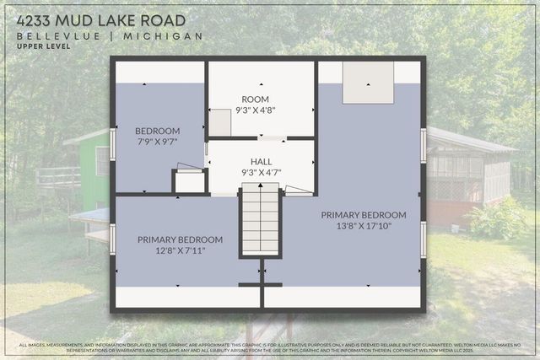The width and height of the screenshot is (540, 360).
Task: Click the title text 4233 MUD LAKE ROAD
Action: pos(102,19)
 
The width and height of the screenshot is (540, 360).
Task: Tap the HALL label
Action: pos(261,162)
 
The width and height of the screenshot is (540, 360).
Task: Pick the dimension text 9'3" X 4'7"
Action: pos(261,172)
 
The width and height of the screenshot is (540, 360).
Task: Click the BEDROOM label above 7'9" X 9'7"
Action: pos(158,131)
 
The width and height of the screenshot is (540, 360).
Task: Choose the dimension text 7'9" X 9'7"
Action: pos(158,142)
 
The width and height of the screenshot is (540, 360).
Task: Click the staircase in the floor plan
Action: pos(261,221)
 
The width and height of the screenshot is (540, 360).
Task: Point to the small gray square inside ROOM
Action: pos(220,123)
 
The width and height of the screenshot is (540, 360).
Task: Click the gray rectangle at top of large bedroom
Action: pos(368,82)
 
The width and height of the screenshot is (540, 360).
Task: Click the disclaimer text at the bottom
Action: pos(270,348)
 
